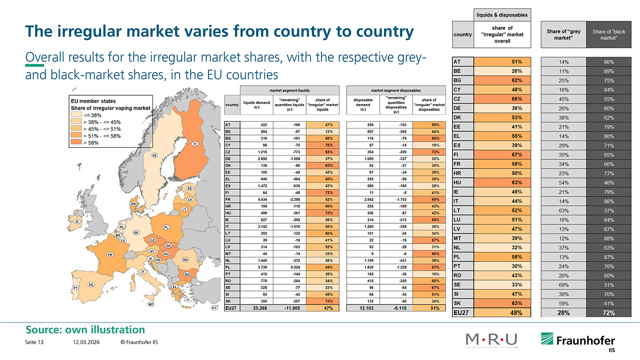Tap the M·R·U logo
491,340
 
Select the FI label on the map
195,144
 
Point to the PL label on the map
166,227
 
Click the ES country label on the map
91,285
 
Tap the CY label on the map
214,308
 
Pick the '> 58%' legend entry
91,143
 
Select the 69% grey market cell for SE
563,285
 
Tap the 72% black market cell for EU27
609,313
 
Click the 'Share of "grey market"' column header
563,35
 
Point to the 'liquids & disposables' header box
502,15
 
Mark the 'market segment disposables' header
396,90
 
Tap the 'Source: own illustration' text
85,329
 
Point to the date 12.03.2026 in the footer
86,343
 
